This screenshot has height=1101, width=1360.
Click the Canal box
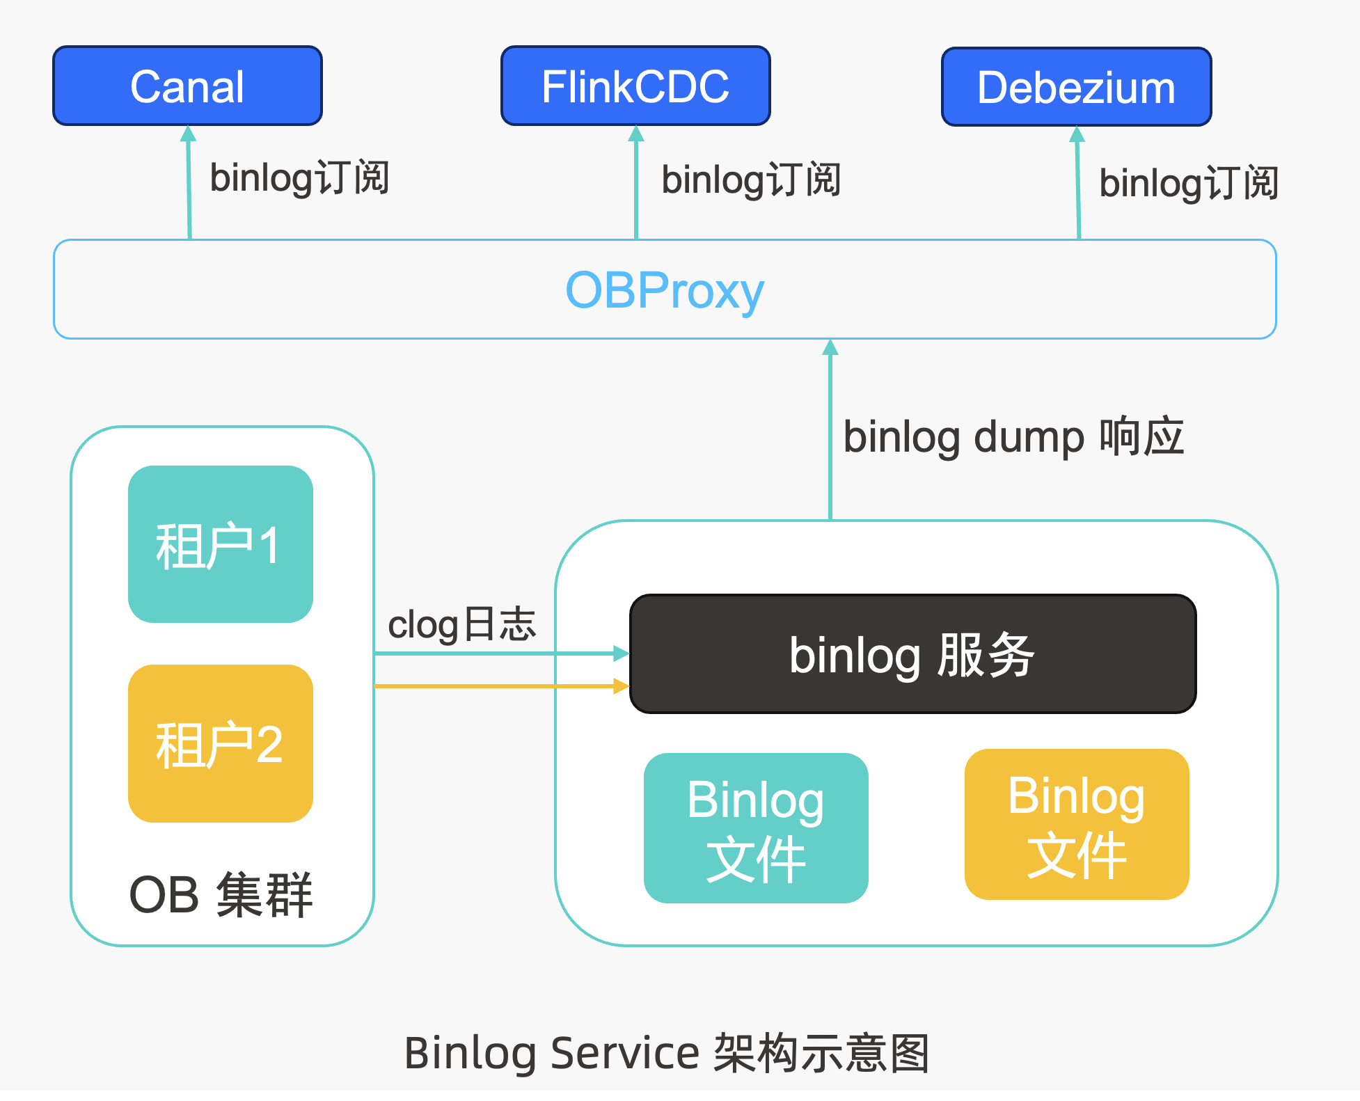click(187, 86)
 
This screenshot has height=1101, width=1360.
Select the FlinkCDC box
click(635, 86)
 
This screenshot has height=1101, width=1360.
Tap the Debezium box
click(1076, 87)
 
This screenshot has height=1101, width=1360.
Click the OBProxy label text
click(664, 290)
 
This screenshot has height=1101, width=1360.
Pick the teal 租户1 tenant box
click(220, 544)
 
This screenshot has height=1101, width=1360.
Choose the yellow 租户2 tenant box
click(220, 743)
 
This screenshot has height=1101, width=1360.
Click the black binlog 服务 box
click(912, 654)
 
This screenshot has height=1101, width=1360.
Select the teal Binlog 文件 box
click(755, 828)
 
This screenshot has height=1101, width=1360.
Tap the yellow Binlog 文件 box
click(1076, 825)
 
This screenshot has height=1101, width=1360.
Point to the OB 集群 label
click(221, 895)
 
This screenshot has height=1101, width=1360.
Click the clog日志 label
click(461, 624)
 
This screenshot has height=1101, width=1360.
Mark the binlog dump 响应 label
click(1013, 437)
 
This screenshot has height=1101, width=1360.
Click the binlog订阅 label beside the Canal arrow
click(299, 177)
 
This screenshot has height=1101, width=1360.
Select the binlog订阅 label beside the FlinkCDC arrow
click(750, 180)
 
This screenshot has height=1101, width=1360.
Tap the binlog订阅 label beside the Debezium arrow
click(1188, 183)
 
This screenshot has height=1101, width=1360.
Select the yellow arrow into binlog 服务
click(501, 686)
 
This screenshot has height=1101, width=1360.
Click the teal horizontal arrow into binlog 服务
click(501, 654)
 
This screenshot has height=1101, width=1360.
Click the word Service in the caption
click(624, 1052)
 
